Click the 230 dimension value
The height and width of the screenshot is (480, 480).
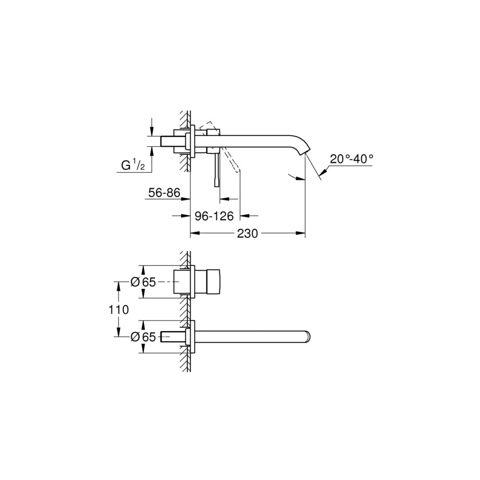click(x=248, y=234)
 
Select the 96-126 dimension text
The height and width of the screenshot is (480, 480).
click(x=214, y=216)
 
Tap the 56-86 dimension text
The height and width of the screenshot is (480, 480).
click(x=164, y=193)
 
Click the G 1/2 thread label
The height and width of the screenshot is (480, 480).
click(x=133, y=166)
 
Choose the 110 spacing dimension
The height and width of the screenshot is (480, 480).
click(x=119, y=310)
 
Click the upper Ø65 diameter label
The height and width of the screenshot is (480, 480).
click(x=143, y=282)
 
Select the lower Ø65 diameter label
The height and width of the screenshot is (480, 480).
click(x=143, y=337)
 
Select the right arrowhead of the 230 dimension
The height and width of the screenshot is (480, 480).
click(x=302, y=234)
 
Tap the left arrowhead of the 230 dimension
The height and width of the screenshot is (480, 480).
click(x=194, y=234)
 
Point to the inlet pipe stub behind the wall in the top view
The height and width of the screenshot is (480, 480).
click(x=171, y=141)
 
